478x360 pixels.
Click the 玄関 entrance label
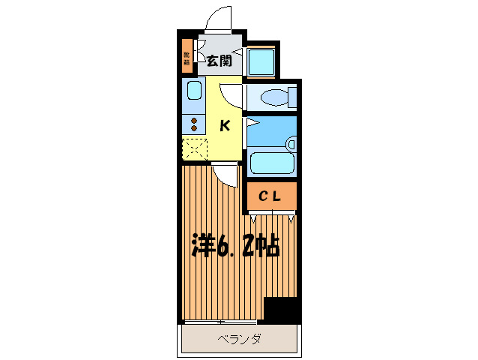(219, 61)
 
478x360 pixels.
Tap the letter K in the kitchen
(224, 126)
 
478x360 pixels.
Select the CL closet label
(270, 196)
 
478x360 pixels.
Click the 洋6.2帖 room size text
(235, 244)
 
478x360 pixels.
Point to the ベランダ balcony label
(239, 340)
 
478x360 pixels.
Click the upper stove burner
(194, 121)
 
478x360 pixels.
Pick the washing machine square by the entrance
(262, 61)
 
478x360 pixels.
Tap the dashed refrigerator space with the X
(193, 149)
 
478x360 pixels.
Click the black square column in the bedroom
(282, 310)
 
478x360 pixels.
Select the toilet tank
(293, 97)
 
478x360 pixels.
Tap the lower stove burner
(194, 129)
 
